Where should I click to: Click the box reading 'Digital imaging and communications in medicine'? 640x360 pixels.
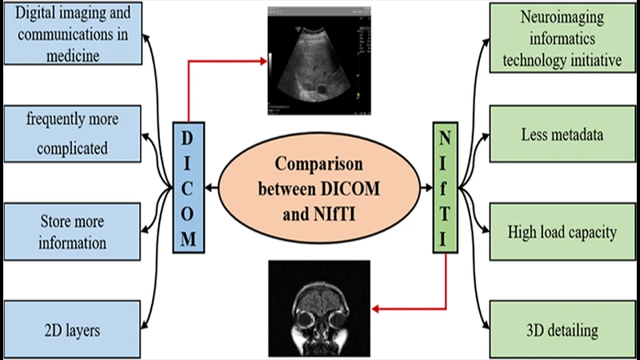pyautogui.click(x=73, y=34)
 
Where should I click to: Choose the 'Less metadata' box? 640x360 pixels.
pyautogui.click(x=565, y=135)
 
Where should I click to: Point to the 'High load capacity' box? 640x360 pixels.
pyautogui.click(x=565, y=233)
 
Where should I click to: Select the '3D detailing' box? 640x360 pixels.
pyautogui.click(x=565, y=329)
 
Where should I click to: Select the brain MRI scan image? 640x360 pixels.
pyautogui.click(x=318, y=307)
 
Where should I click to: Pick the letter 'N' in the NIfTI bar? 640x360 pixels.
pyautogui.click(x=445, y=137)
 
